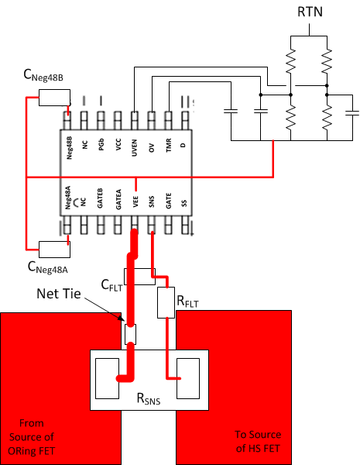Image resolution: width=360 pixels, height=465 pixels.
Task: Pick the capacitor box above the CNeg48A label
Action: pyautogui.click(x=54, y=249)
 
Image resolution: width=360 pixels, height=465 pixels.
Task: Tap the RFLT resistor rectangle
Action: pyautogui.click(x=166, y=303)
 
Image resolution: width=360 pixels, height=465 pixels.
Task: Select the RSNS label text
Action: pyautogui.click(x=149, y=399)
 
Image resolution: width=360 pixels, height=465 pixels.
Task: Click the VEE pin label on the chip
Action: pyautogui.click(x=135, y=203)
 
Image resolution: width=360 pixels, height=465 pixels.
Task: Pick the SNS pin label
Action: pyautogui.click(x=153, y=203)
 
